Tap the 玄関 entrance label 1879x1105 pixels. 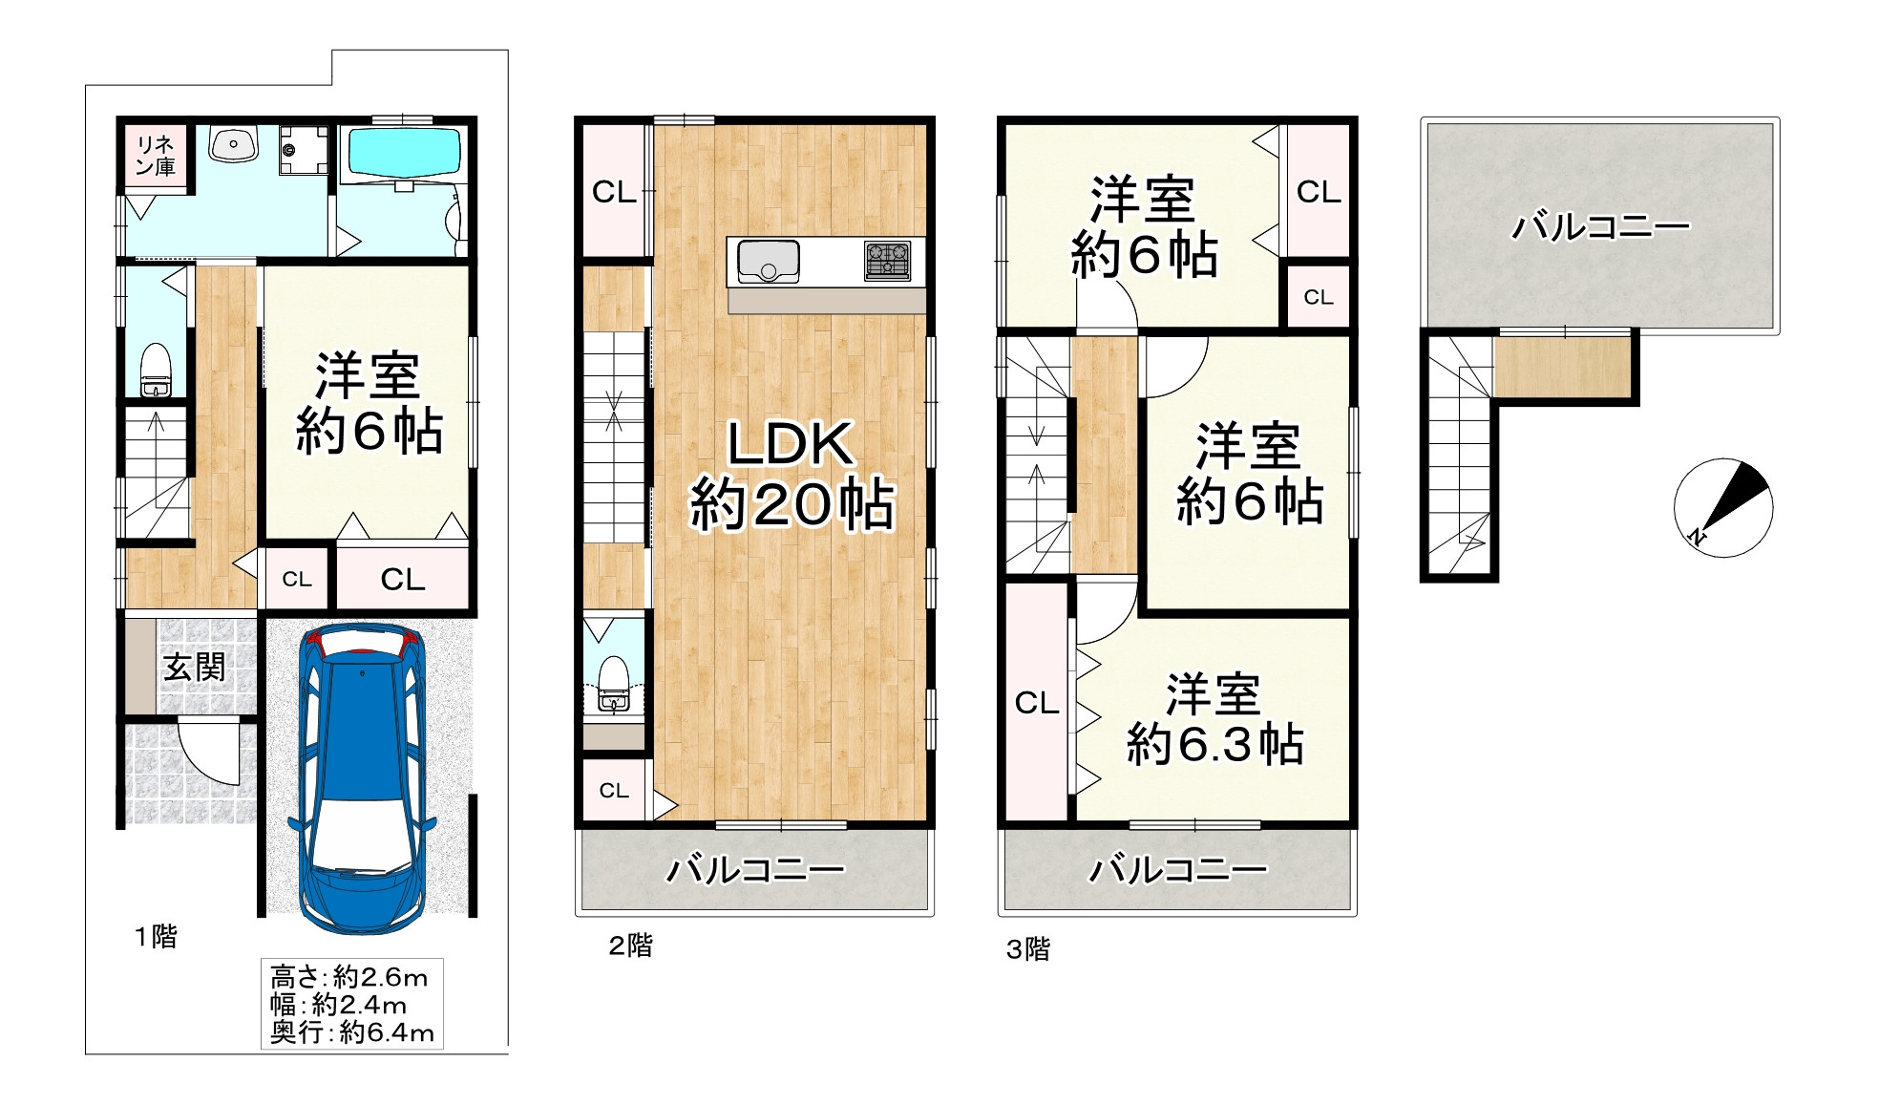click(x=194, y=667)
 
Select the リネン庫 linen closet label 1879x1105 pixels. click(x=156, y=155)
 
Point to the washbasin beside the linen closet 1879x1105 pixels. click(x=233, y=145)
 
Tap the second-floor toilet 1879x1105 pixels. click(x=612, y=683)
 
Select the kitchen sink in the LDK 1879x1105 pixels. click(x=768, y=261)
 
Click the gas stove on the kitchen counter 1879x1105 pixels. click(x=887, y=260)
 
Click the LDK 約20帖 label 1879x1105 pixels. click(x=791, y=474)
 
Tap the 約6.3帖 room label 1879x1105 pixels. click(x=1214, y=719)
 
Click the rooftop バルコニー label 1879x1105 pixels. click(x=1599, y=226)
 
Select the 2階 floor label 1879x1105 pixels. click(x=631, y=946)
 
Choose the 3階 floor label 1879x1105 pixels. click(x=1028, y=948)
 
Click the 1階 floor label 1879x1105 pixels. click(x=156, y=937)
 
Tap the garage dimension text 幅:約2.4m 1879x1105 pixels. click(x=339, y=1005)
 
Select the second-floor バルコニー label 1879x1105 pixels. click(x=754, y=870)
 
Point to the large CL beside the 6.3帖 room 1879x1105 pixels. click(x=1036, y=703)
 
